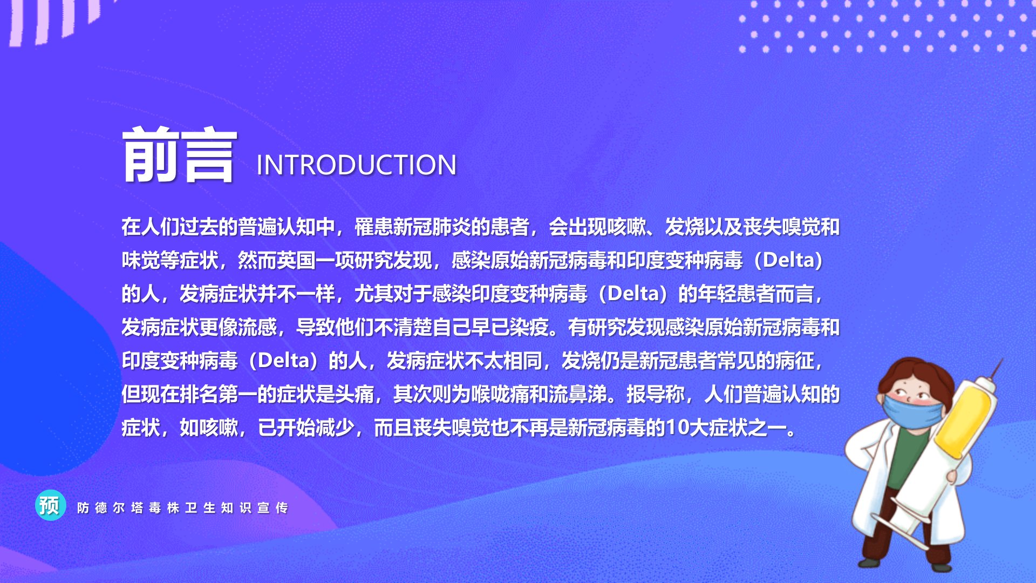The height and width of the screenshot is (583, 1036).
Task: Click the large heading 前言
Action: click(x=180, y=155)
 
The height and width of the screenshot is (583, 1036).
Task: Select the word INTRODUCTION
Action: click(x=357, y=165)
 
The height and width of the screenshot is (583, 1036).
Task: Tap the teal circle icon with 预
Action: click(x=50, y=506)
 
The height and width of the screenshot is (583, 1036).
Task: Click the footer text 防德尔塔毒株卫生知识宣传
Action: click(x=182, y=508)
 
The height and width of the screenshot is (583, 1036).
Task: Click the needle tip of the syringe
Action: click(x=1001, y=360)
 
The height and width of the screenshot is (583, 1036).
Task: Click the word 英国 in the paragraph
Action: click(x=296, y=261)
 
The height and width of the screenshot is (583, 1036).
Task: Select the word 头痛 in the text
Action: click(x=355, y=395)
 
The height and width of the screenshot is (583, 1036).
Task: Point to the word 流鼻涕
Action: click(x=578, y=395)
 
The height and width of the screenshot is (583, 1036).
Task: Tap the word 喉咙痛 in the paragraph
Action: click(x=500, y=395)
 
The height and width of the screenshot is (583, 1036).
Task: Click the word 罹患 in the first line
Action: click(x=374, y=227)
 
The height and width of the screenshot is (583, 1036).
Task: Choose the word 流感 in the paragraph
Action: click(x=257, y=328)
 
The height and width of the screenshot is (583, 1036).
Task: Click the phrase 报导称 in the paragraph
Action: click(x=656, y=395)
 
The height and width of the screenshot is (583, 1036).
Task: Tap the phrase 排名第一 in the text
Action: click(x=219, y=395)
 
